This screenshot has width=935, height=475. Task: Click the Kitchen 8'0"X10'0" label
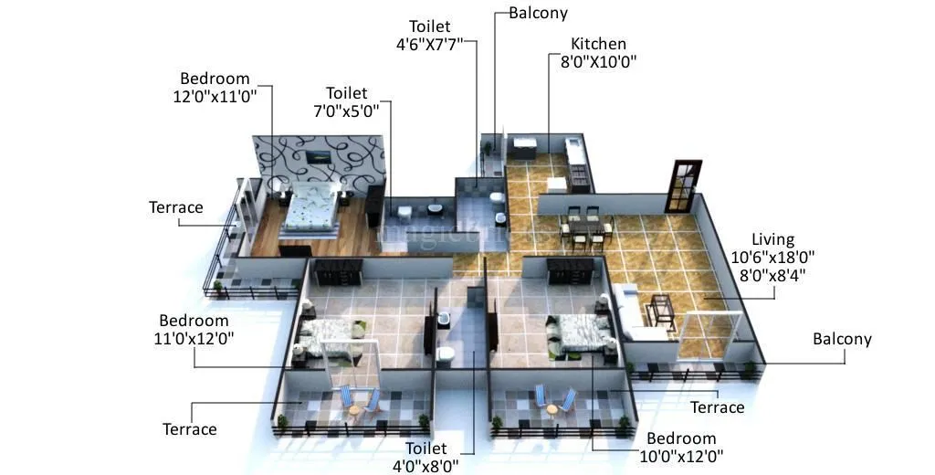pyautogui.click(x=598, y=53)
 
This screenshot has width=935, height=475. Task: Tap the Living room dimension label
pyautogui.click(x=772, y=256)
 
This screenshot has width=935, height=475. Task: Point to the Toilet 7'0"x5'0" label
pyautogui.click(x=346, y=102)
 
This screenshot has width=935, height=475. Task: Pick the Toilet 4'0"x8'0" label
pyautogui.click(x=426, y=458)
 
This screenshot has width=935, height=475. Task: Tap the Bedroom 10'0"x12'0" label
pyautogui.click(x=678, y=448)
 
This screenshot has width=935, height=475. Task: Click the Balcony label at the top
pyautogui.click(x=538, y=13)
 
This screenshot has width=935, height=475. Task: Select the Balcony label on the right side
pyautogui.click(x=842, y=339)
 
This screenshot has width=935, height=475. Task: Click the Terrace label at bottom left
pyautogui.click(x=189, y=428)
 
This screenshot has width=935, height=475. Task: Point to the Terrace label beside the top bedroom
pyautogui.click(x=176, y=207)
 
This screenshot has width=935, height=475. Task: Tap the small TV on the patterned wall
pyautogui.click(x=319, y=157)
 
